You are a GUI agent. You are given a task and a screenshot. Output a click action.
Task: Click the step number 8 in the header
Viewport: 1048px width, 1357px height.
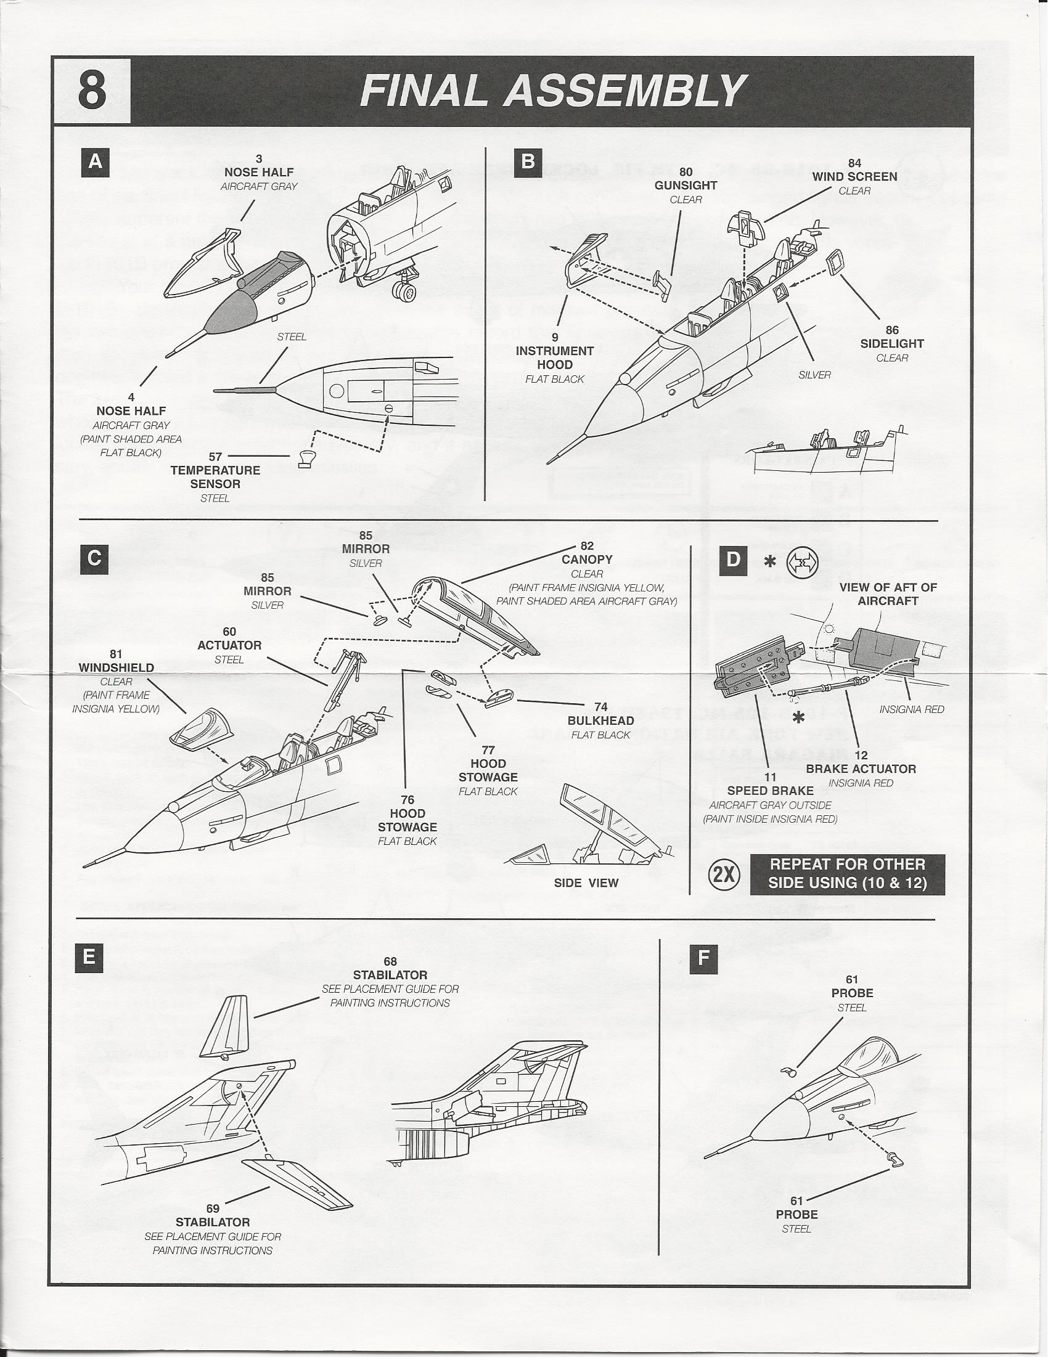point(92,91)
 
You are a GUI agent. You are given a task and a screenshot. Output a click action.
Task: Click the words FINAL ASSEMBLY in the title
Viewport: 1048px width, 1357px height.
point(552,91)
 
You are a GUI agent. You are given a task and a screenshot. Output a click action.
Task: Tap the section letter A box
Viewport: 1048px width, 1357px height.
point(96,162)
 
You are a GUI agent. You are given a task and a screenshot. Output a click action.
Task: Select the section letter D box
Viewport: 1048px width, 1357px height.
point(734,560)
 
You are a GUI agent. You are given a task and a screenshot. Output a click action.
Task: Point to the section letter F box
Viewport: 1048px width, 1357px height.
point(703,958)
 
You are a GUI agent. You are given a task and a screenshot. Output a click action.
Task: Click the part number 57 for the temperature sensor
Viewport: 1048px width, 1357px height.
point(215,457)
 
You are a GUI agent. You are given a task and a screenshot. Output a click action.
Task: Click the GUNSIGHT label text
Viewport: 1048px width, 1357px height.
point(686,185)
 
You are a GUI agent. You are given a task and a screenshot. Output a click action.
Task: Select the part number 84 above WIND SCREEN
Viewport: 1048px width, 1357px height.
point(854,163)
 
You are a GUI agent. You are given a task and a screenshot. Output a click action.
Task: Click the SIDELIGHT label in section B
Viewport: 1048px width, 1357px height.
point(892,344)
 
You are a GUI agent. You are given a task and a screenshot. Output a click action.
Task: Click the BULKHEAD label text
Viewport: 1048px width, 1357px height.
point(600,721)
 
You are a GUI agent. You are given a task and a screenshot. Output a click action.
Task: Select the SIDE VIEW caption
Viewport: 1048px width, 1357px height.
point(586,883)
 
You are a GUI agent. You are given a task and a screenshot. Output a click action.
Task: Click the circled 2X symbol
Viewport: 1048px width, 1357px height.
point(724,875)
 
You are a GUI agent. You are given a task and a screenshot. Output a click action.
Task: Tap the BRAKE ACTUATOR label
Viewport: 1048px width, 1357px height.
point(861,769)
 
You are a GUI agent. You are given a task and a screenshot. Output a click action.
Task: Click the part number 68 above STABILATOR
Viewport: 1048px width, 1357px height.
point(390,962)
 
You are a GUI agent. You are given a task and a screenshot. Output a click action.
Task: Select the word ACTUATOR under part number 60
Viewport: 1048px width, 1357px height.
point(229,646)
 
